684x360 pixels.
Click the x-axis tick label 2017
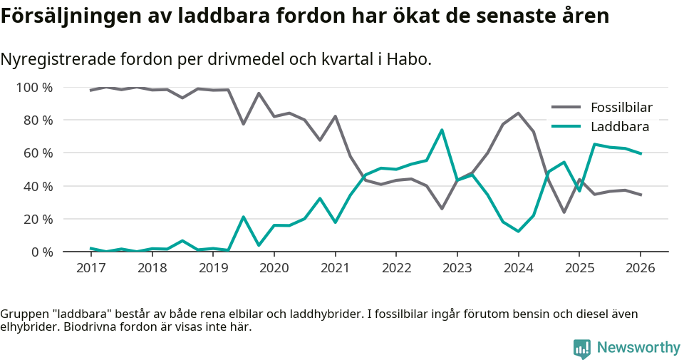90,268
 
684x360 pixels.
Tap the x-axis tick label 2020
274,268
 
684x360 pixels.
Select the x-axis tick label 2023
457,268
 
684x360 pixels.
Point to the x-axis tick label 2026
640,268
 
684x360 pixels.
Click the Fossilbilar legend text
621,108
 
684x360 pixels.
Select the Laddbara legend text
619,127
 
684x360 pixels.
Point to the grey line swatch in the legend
566,108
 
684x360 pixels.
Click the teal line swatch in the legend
566,127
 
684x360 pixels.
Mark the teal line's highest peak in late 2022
442,130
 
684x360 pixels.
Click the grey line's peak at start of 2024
518,113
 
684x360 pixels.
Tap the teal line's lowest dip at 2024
518,231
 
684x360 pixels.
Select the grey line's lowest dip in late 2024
564,212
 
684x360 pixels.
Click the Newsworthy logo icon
582,348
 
